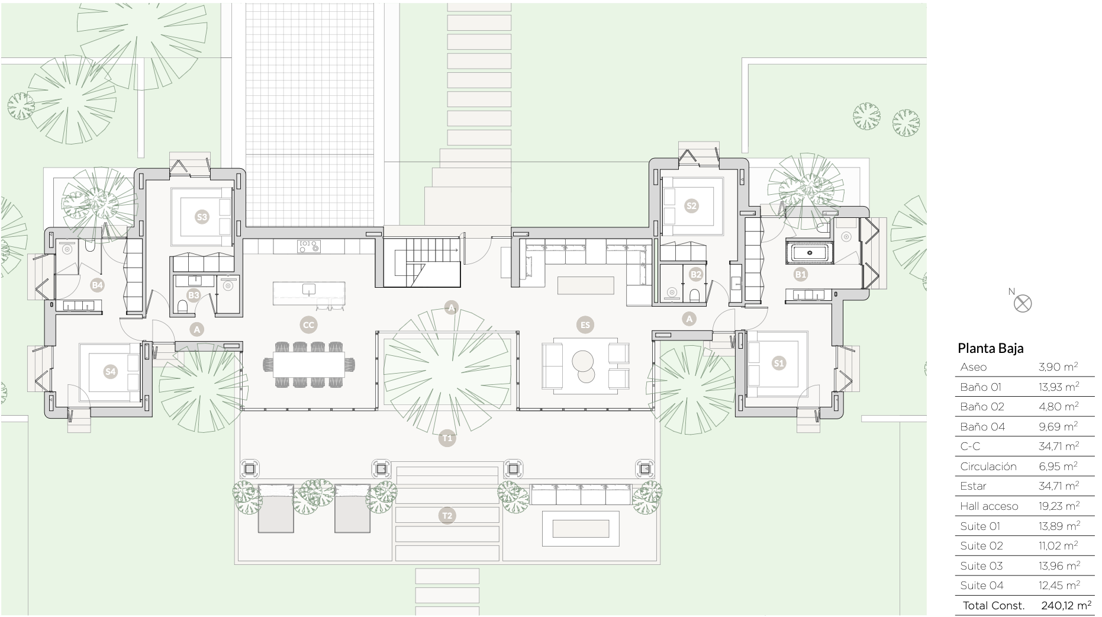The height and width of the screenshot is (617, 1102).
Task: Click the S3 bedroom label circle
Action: coord(202,217)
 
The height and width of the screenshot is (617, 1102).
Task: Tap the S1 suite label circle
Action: coord(779,363)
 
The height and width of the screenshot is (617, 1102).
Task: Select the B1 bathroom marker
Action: coord(800,274)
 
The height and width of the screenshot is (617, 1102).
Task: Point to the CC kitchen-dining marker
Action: coord(308,324)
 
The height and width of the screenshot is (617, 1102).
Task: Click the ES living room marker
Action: coord(585,324)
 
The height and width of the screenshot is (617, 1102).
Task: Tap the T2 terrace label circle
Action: coord(447,516)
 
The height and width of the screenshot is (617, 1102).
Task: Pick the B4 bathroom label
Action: coord(97,285)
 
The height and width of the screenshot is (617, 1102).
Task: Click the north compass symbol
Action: coord(1022,303)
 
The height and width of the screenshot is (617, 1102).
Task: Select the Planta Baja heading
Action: coord(990,348)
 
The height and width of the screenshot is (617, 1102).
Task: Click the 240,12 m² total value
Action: coord(1066,605)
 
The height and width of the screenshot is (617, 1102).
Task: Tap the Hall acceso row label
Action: coord(989,506)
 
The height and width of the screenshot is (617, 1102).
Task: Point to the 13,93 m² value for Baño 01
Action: coord(1059,387)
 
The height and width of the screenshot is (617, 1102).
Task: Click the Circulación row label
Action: coord(988,467)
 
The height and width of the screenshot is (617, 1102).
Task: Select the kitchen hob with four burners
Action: coord(308,246)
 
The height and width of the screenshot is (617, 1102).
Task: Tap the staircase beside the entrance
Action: coord(422,263)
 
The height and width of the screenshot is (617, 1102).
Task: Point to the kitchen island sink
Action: coord(308,289)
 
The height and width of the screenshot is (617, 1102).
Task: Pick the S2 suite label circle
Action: coord(691,205)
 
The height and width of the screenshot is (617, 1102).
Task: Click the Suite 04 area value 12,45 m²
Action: coord(1059,586)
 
